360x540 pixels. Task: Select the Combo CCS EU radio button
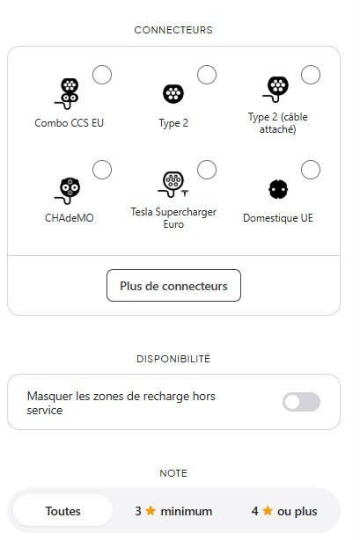point(102,75)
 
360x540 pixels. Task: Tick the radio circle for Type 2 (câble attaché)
point(311,75)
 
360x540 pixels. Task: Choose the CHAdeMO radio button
point(102,170)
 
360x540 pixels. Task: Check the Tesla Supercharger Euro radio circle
point(207,170)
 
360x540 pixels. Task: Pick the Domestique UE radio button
point(311,170)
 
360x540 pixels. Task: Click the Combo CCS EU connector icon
point(67,94)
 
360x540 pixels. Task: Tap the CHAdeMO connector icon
point(68,191)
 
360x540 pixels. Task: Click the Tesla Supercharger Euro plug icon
point(173,184)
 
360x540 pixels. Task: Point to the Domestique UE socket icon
point(278,189)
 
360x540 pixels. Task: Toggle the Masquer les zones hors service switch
point(301,402)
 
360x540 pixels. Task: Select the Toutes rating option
point(62,511)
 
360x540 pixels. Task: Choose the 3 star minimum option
point(173,511)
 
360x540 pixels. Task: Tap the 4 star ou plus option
point(284,511)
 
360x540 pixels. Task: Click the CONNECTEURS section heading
point(173,30)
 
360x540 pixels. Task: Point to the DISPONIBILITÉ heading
point(173,359)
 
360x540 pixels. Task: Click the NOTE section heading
point(173,473)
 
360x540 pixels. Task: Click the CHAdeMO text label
point(70,218)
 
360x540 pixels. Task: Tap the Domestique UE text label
point(278,218)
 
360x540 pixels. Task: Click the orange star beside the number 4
point(268,510)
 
